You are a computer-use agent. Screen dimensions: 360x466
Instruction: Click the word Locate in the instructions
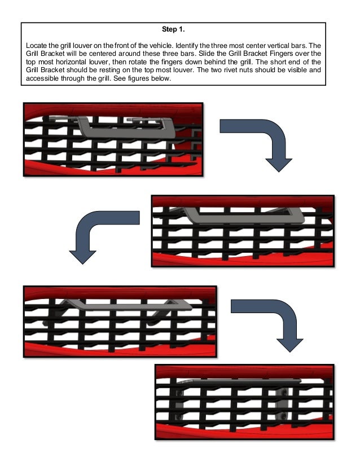(37, 45)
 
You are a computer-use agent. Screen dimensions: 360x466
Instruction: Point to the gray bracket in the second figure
(243, 215)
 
